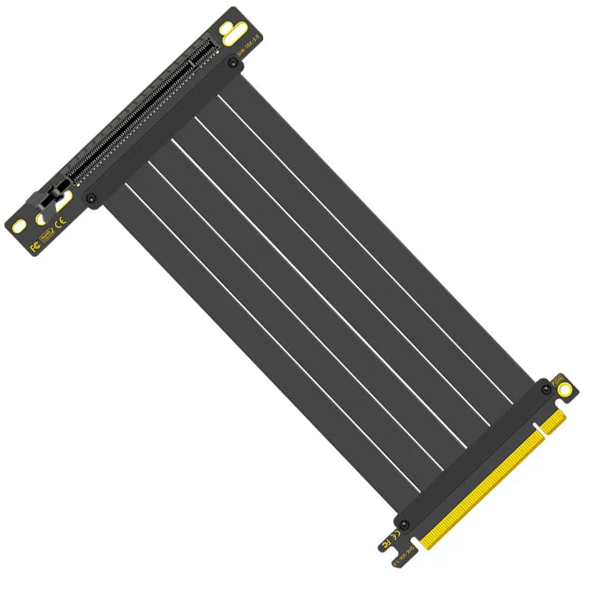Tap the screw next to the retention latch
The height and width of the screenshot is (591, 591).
coord(91,198)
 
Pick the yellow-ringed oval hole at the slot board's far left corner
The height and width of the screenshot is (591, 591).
coord(20,225)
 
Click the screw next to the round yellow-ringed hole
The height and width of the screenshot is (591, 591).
coord(545,387)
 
